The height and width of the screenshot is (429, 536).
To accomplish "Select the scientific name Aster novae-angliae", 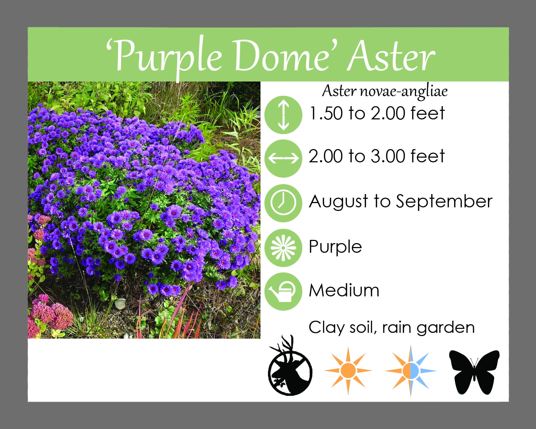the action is click(x=385, y=92).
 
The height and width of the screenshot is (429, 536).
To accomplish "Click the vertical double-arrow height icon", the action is click(x=283, y=115).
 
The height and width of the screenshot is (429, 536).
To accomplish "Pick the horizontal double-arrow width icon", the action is click(x=283, y=158).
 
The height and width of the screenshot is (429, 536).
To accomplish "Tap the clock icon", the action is click(x=283, y=203).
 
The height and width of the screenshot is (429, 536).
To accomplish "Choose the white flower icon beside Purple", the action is click(x=283, y=248).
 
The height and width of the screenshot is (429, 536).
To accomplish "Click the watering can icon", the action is click(x=283, y=291).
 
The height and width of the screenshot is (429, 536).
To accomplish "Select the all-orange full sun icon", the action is click(x=348, y=371).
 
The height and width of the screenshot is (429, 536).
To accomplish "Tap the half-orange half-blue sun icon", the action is click(x=411, y=371).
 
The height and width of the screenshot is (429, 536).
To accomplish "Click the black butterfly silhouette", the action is click(x=474, y=372).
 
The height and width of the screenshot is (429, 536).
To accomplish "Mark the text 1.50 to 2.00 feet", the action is click(x=377, y=113).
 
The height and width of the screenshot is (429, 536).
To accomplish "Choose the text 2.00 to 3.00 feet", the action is click(x=377, y=156).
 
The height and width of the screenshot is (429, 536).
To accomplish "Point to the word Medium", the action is click(x=344, y=291).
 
